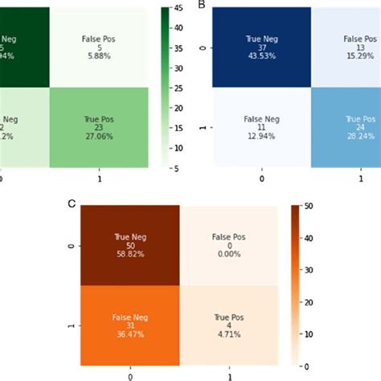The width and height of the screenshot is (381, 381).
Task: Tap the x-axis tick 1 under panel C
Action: pos(231,375)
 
